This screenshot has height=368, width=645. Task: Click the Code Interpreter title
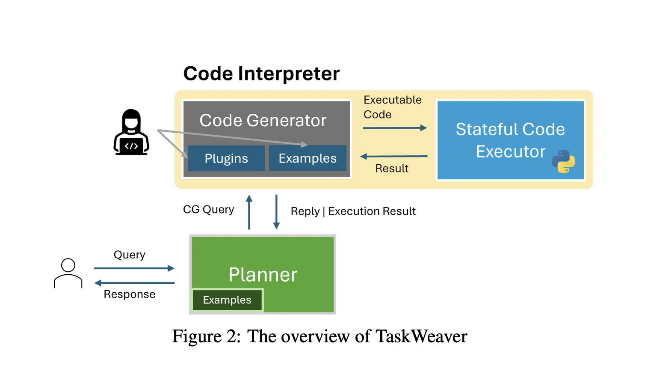pos(261,74)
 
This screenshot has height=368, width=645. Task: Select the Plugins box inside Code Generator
pos(226,158)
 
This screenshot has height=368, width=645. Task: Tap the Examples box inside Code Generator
pos(308,158)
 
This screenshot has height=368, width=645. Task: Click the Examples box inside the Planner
pos(227,300)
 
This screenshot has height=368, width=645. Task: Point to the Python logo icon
pos(563,161)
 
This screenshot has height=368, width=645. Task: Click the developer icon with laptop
pos(131,132)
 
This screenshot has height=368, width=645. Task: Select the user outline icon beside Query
pos(68,273)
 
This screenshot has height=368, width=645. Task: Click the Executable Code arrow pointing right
pos(394,128)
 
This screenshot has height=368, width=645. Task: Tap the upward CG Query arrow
pos(249,212)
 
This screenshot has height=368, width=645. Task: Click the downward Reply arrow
pos(276,212)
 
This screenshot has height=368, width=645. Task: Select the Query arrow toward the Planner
pos(134,268)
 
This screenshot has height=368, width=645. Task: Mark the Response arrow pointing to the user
pos(134,283)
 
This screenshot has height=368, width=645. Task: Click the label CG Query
pos(208,210)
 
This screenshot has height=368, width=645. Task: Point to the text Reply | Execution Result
pos(353,211)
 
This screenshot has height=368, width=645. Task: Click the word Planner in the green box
pos(263,275)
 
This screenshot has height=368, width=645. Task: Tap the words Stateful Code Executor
pos(510,140)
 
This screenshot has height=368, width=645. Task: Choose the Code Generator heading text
pos(263,121)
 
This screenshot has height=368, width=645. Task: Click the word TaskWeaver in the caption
pos(421,336)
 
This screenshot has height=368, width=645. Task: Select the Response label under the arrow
pos(130,294)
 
